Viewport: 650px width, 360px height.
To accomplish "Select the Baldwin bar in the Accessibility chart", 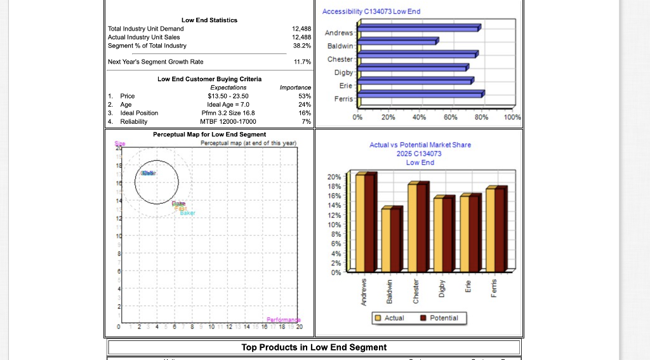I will [x=397, y=41].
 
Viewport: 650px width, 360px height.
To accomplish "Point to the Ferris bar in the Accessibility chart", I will [x=420, y=94].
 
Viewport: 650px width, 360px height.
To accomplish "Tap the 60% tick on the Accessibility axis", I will [x=450, y=117].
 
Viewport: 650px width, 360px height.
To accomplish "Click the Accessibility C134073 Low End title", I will [x=371, y=11].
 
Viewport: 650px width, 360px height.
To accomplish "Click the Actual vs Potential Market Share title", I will [x=420, y=145].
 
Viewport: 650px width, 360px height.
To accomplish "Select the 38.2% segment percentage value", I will [x=301, y=46].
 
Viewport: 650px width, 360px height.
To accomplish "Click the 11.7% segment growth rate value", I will [x=302, y=62].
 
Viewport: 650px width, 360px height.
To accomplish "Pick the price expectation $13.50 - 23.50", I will [x=228, y=96].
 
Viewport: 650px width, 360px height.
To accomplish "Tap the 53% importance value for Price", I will [x=304, y=96].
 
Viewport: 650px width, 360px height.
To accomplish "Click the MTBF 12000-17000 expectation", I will [x=228, y=121].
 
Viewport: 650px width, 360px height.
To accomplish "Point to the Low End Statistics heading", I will [x=209, y=20].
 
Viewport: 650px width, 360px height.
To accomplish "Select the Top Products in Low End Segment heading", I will [x=314, y=347].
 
